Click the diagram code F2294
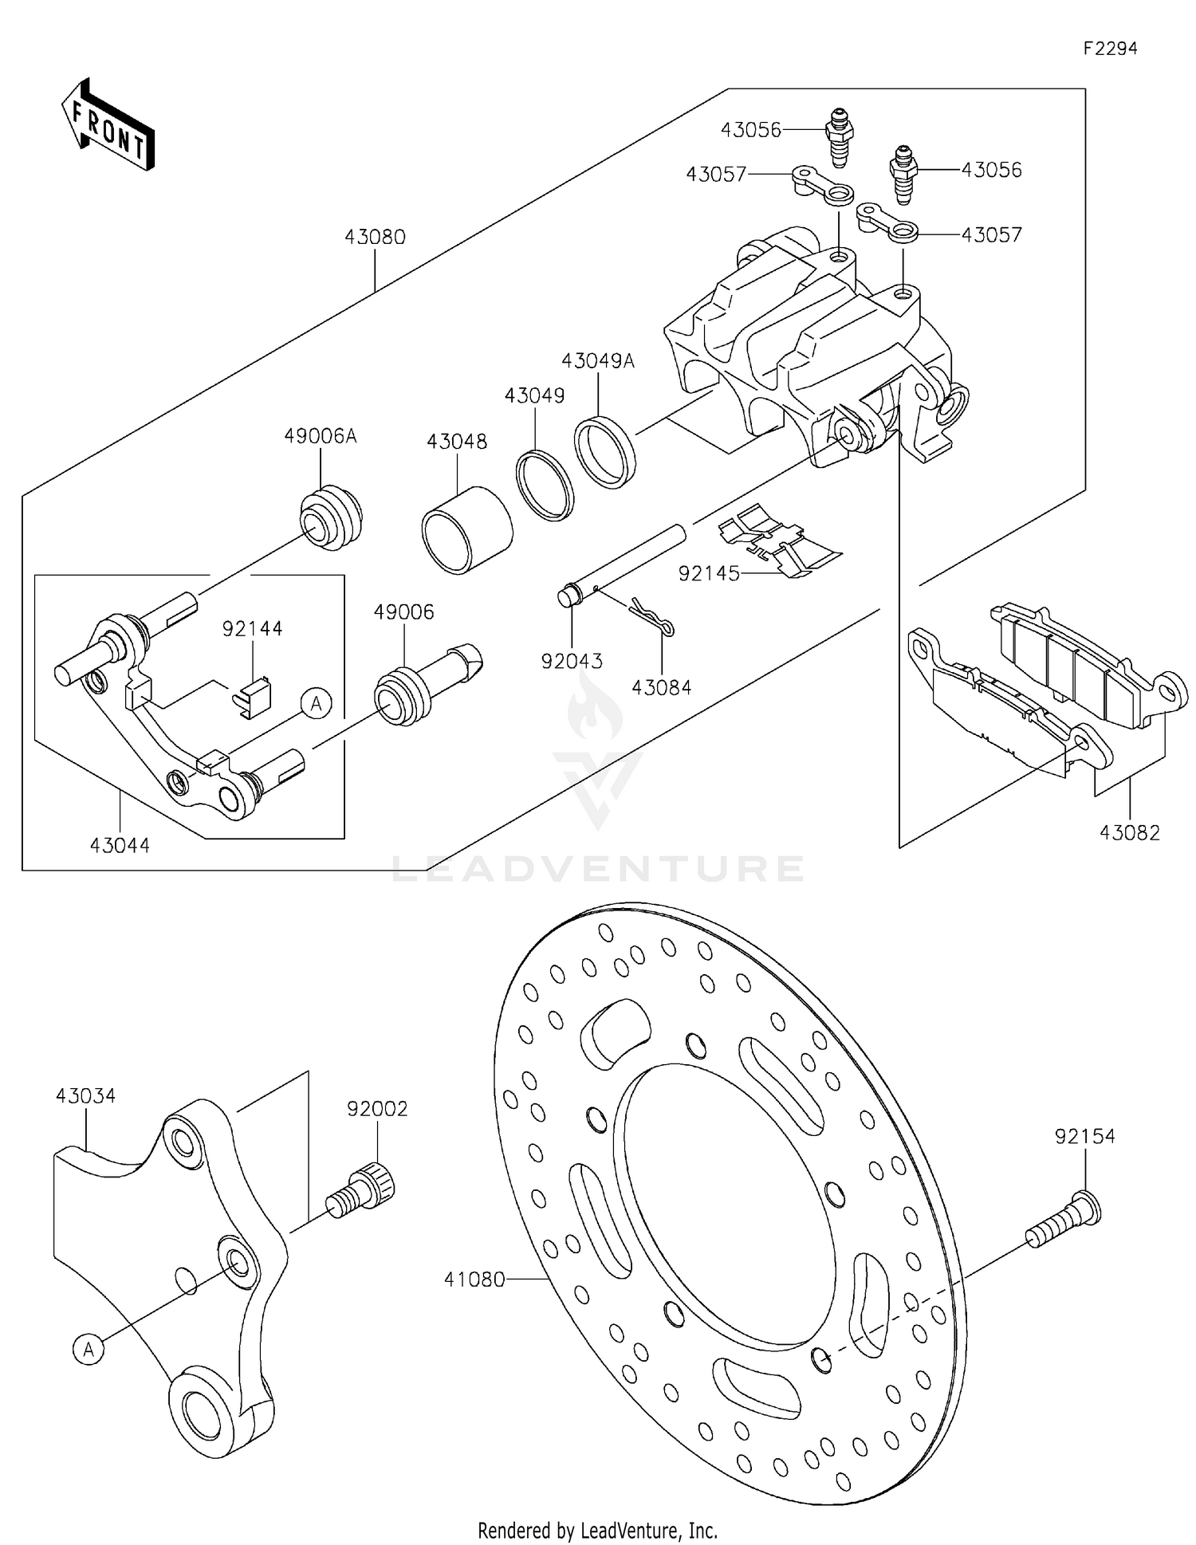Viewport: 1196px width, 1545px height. point(1109,49)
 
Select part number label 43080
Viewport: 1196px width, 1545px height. point(375,237)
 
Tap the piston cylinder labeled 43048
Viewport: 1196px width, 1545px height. point(466,531)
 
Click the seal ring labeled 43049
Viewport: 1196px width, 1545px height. point(545,486)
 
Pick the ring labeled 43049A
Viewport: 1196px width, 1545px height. point(605,452)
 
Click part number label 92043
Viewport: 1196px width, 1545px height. point(572,661)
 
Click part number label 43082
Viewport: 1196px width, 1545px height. point(1129,832)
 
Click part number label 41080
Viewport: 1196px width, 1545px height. point(474,1280)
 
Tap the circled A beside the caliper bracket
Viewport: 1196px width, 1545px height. point(316,704)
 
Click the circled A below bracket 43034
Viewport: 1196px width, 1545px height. point(89,1350)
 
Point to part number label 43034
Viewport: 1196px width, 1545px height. point(85,1096)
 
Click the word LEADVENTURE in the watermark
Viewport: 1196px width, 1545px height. point(598,869)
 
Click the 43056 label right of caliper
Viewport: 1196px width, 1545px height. point(991,170)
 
